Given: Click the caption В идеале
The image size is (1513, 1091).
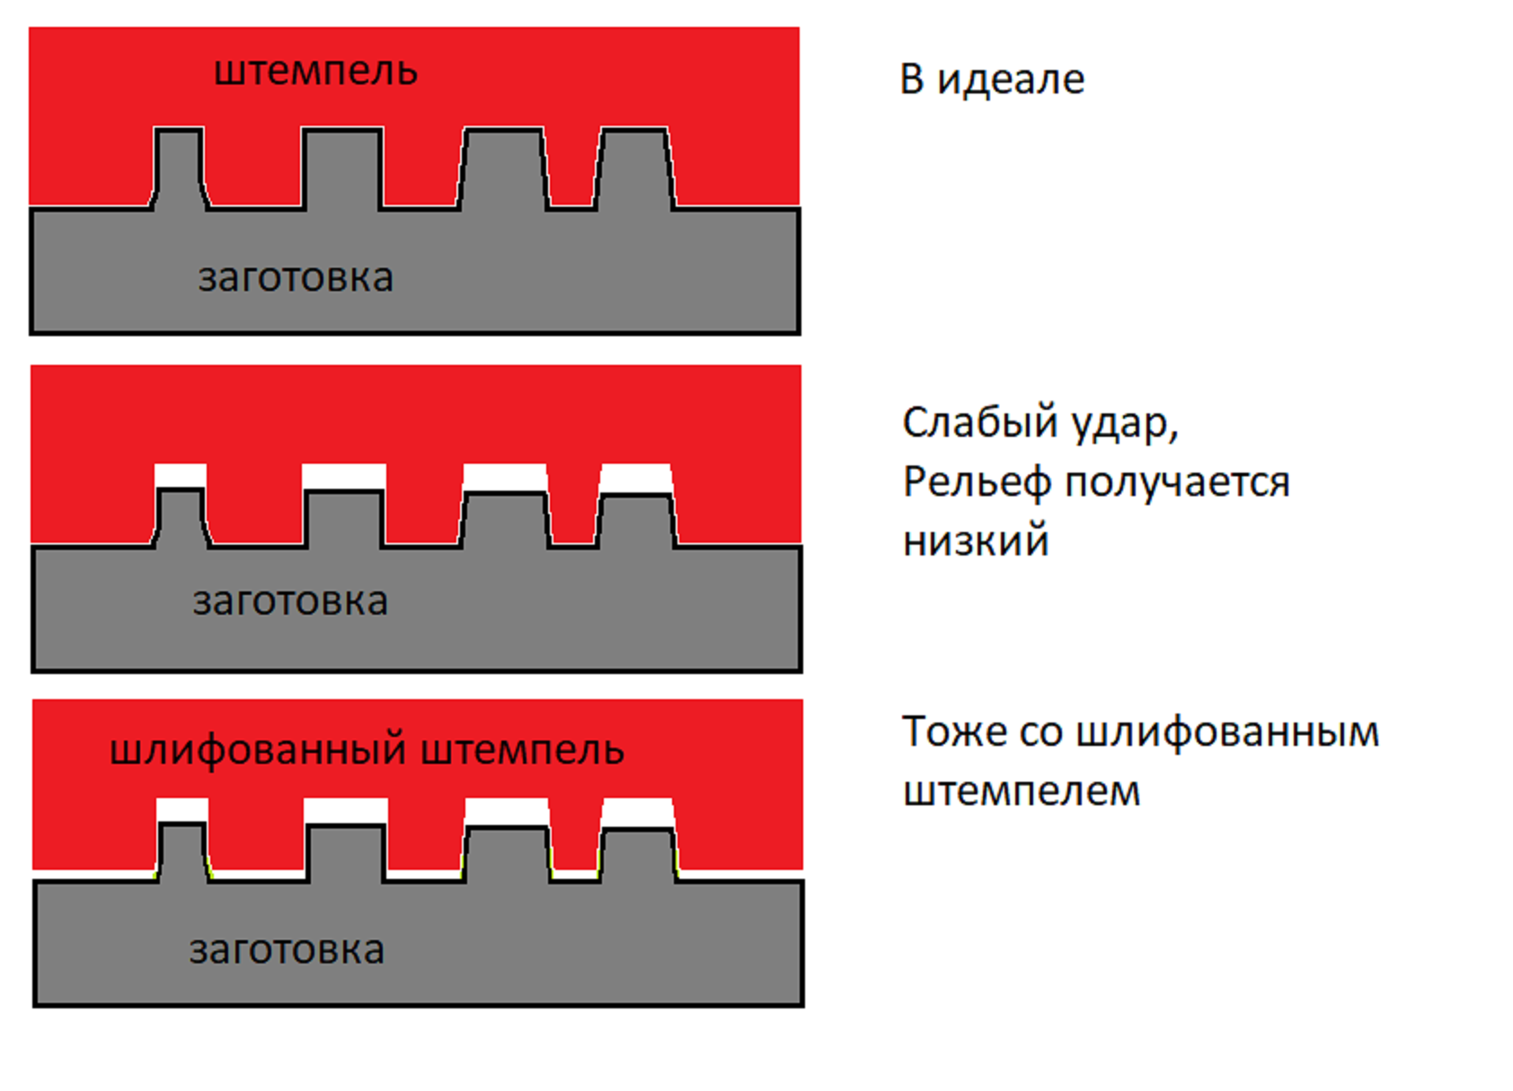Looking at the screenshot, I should [992, 80].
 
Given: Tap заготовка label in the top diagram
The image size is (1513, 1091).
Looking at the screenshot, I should [296, 279].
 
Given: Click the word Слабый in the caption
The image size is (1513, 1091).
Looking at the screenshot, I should [965, 423].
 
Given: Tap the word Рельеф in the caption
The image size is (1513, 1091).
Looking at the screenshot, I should [977, 483].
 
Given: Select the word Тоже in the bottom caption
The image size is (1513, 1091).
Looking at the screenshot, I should [954, 732].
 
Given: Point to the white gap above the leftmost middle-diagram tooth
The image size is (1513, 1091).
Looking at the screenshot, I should [181, 475].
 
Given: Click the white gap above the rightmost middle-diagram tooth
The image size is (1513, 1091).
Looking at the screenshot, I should [635, 477].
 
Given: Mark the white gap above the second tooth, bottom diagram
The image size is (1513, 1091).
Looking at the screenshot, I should [346, 811].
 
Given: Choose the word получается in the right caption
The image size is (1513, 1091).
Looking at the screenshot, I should [1177, 483].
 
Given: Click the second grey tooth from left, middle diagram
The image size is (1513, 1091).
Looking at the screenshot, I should [344, 519].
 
